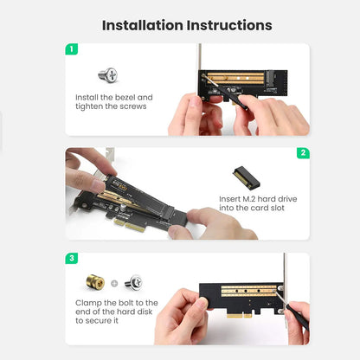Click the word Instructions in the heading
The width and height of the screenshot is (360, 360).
[x=231, y=25]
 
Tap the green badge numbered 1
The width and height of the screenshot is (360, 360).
[x=72, y=49]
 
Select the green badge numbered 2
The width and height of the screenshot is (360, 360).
[x=303, y=153]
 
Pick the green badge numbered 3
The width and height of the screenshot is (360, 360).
[x=72, y=258]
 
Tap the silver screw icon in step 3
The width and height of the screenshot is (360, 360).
[x=132, y=282]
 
